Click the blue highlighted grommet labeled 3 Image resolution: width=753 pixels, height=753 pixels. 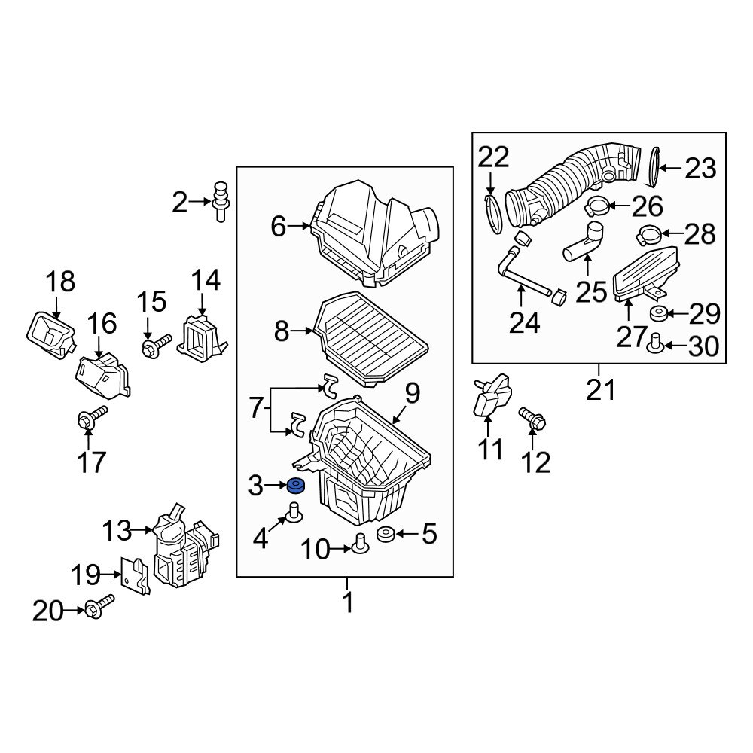tap(296, 486)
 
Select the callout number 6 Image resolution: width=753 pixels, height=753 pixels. tap(279, 226)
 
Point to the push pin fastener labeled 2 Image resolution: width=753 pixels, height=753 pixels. tap(221, 201)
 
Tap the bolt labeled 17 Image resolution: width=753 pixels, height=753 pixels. tap(92, 419)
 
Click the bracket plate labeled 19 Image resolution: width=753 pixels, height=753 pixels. tap(135, 575)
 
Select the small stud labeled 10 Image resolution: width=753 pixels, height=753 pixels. tap(359, 542)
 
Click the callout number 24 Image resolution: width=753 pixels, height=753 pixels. tap(524, 323)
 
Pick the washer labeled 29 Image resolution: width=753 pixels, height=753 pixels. tap(657, 314)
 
